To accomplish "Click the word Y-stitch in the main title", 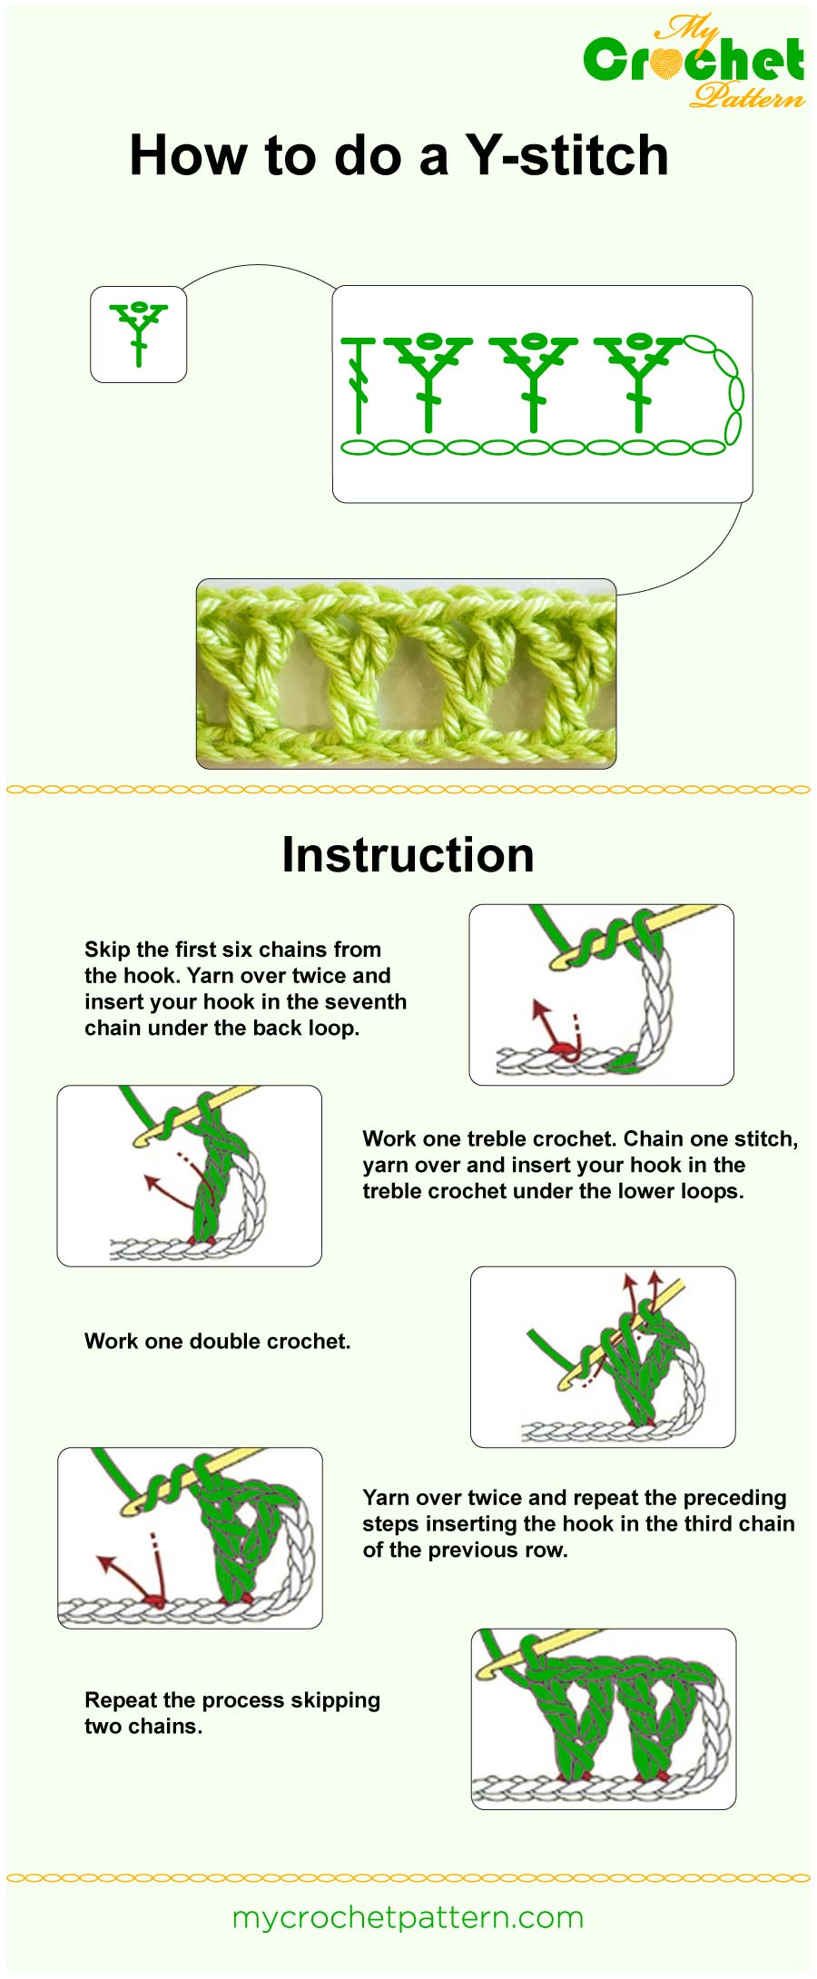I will [x=567, y=156].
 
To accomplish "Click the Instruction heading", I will [x=408, y=855].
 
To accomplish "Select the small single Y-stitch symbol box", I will [x=139, y=334].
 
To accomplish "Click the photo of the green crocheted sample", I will [x=406, y=674].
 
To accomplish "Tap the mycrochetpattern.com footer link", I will [x=408, y=1917].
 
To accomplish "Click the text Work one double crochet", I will [x=217, y=1341].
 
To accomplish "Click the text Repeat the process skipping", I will [x=231, y=1699].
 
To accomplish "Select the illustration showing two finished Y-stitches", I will [x=603, y=1718].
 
